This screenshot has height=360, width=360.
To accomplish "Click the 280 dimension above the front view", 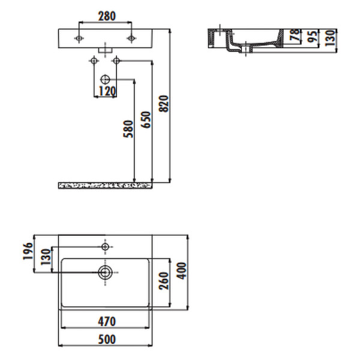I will [x=106, y=16].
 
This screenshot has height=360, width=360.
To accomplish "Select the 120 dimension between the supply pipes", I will [x=106, y=91].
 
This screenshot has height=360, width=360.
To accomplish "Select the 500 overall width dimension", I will [x=106, y=340].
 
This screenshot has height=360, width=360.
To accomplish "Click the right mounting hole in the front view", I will [x=131, y=38].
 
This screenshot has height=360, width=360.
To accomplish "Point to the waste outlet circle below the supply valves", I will [x=106, y=79].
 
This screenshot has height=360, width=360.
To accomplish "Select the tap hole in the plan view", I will [x=106, y=247].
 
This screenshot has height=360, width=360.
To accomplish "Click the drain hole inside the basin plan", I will [x=106, y=273].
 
